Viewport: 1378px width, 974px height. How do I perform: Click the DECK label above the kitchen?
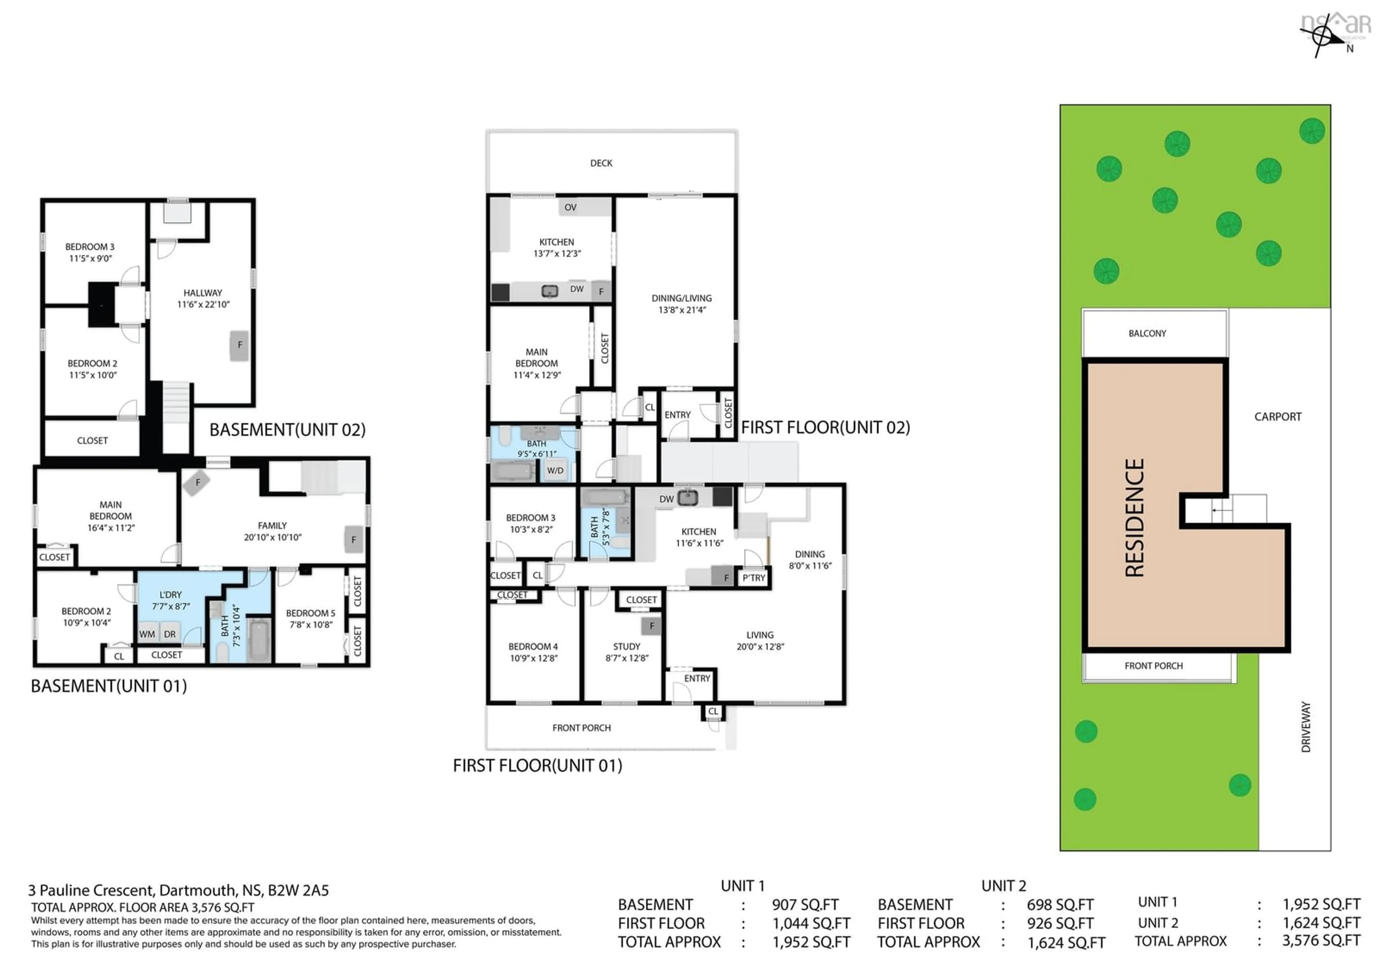click(601, 163)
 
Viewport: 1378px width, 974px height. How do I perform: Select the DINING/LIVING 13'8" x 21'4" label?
click(681, 304)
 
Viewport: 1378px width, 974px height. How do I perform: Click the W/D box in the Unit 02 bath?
click(555, 470)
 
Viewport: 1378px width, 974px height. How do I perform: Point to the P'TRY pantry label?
click(754, 578)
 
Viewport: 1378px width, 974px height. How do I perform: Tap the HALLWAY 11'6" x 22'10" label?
click(203, 298)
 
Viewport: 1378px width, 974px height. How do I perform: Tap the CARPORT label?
click(1277, 417)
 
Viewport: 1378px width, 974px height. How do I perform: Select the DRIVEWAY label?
click(1306, 727)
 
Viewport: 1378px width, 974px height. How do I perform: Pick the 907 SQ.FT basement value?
click(805, 904)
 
